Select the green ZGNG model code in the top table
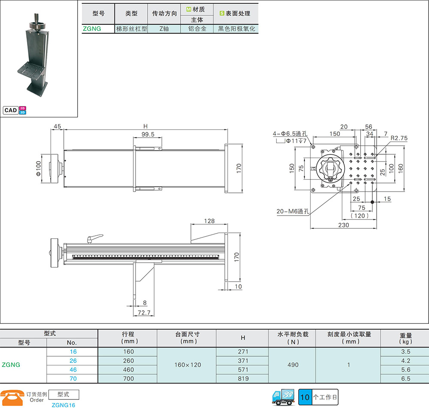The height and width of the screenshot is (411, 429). point(92,29)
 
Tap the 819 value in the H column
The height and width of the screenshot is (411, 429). point(243,378)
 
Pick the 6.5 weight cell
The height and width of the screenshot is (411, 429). point(405,378)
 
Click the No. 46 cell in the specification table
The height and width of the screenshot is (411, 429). point(73,369)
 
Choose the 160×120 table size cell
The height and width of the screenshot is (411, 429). point(188,365)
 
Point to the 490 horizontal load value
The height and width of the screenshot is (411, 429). point(293,365)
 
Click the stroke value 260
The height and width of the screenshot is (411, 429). point(128,361)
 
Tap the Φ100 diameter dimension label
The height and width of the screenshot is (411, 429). point(38,168)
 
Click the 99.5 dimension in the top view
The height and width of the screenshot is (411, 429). point(148,134)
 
